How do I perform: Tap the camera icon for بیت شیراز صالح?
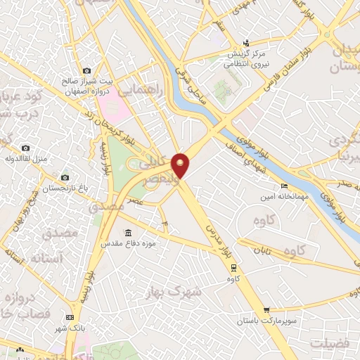86,70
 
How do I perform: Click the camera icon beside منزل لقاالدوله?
26,148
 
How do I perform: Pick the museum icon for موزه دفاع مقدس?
127,233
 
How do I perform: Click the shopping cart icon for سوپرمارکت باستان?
266,310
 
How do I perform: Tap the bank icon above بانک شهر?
69,317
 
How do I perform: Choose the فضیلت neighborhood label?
330,343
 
